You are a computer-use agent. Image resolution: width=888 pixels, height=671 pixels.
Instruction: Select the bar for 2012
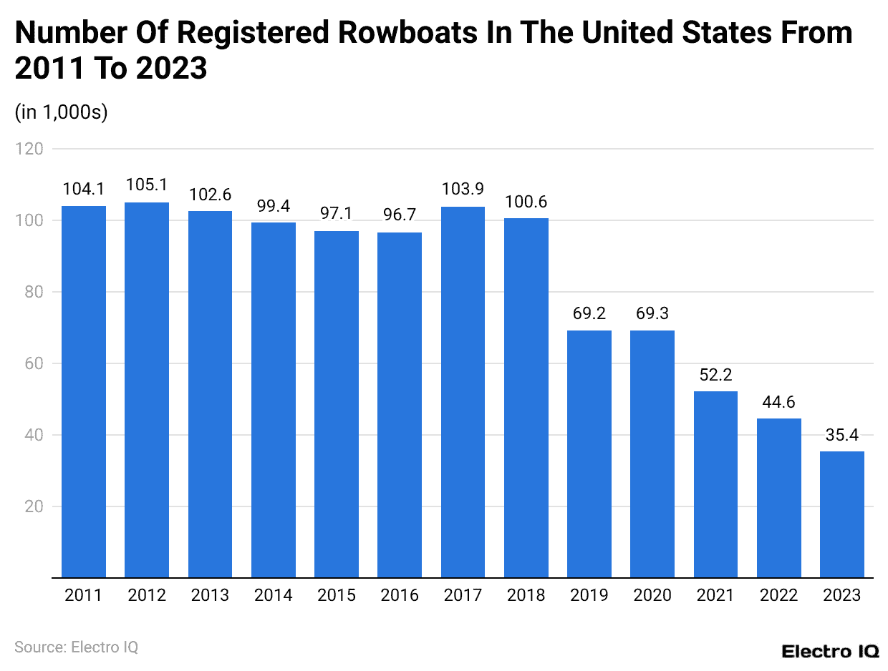pos(147,390)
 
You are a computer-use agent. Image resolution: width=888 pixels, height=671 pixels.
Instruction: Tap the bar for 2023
pos(841,514)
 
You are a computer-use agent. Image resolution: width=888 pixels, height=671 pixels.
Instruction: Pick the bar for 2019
pos(589,454)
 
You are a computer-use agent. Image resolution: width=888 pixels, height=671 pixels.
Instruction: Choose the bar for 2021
pos(715,484)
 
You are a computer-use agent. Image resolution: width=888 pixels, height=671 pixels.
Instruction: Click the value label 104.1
pos(84,189)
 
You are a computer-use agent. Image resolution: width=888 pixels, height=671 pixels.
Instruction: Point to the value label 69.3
pos(652,313)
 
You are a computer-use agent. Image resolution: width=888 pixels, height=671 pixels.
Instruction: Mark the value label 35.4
pos(841,434)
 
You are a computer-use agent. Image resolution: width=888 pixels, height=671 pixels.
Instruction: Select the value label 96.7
pos(400,215)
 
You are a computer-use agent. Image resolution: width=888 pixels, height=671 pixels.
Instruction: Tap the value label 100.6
pos(526,201)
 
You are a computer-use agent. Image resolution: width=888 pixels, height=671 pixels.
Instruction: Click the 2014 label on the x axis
pos(273,595)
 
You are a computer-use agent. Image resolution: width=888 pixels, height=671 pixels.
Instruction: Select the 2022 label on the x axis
pos(778,595)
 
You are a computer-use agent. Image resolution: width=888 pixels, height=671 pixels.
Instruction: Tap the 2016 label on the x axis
pos(400,595)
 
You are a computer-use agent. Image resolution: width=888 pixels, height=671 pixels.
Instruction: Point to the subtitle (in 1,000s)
pos(61,112)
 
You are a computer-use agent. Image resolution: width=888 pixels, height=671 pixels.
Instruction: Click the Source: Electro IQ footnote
pos(76,647)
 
